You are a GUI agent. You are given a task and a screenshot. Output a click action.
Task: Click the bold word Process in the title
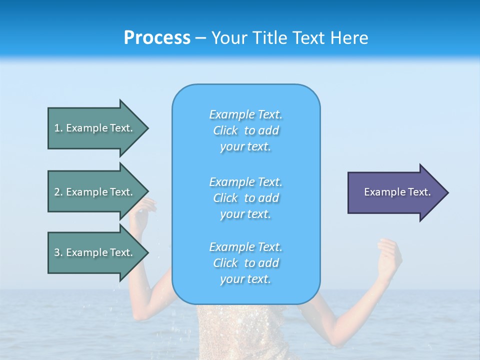click(x=157, y=38)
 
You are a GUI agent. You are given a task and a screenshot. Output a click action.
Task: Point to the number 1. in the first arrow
click(x=58, y=128)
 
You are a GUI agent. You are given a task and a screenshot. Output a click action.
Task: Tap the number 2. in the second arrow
click(x=58, y=192)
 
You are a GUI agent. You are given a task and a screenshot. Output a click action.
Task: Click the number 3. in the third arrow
click(x=58, y=252)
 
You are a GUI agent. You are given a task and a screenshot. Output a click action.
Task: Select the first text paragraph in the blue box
click(x=245, y=130)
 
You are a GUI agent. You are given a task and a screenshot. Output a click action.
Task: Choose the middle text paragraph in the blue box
click(x=245, y=197)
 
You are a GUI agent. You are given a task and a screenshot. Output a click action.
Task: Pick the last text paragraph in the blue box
click(x=245, y=263)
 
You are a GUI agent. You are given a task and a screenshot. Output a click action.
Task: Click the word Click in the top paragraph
click(x=225, y=130)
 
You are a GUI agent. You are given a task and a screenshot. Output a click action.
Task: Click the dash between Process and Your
click(x=200, y=38)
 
